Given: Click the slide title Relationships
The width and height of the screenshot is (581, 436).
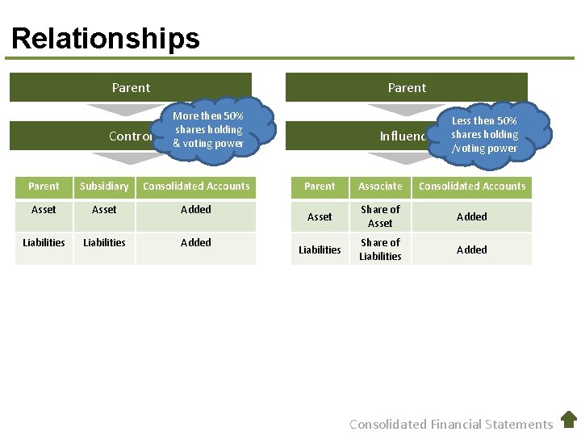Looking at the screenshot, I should click(x=106, y=38).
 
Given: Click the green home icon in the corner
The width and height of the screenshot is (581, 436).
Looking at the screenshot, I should click(x=569, y=419).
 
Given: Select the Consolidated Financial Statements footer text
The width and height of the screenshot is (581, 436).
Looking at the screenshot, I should click(x=451, y=424).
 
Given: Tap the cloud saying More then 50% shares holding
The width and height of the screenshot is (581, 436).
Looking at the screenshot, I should click(x=209, y=129).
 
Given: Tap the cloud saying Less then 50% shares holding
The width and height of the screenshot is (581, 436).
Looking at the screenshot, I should click(x=485, y=134).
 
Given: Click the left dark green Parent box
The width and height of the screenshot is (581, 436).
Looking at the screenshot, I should click(x=131, y=87).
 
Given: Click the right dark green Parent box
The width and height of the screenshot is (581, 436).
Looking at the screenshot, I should click(x=407, y=87).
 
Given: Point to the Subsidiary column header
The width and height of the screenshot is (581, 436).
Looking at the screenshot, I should click(x=104, y=187).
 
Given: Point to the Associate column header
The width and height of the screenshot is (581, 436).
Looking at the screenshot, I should click(x=380, y=187).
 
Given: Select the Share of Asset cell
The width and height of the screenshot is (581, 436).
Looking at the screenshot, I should click(x=380, y=216).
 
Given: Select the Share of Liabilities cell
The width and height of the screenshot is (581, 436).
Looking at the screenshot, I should click(x=380, y=249).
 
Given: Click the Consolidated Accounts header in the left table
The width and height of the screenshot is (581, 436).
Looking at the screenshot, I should click(x=196, y=187).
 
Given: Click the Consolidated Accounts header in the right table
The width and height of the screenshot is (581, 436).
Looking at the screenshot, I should click(x=472, y=187).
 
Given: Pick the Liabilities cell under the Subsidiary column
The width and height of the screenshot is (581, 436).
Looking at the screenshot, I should click(x=104, y=242).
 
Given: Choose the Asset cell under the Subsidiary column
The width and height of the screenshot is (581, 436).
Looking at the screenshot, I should click(x=104, y=210).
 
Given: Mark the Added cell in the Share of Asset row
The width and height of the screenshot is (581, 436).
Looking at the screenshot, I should click(x=472, y=216).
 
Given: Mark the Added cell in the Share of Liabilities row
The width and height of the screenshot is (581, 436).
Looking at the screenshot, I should click(x=472, y=249).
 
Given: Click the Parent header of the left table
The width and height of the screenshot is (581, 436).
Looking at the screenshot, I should click(x=44, y=187).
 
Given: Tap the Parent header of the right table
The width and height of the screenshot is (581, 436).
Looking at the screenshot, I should click(x=320, y=187).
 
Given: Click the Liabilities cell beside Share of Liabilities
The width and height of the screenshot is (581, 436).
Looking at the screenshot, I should click(x=320, y=249).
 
